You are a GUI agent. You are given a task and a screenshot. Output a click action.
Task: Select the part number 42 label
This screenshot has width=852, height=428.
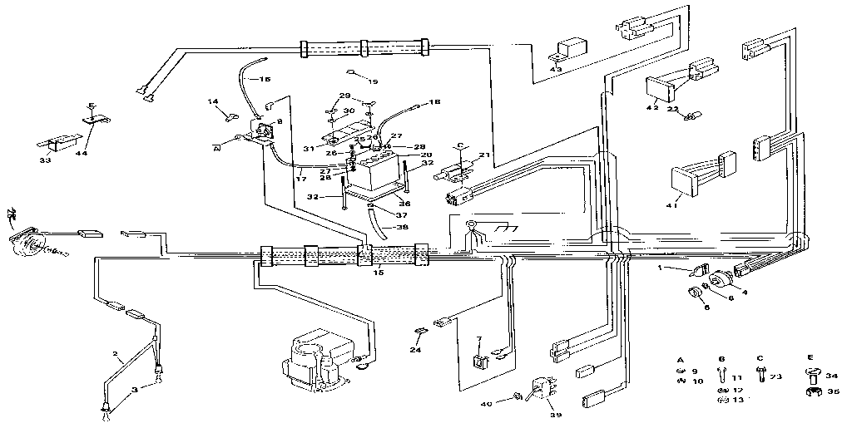click(x=651, y=107)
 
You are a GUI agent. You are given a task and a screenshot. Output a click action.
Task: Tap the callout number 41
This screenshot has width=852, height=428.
click(x=671, y=204)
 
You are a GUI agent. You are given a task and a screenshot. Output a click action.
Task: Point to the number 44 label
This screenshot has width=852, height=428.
click(x=82, y=154)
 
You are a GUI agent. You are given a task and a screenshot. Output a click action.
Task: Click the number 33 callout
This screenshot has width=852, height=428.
click(x=45, y=160)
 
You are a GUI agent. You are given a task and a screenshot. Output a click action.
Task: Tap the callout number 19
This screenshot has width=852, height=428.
click(x=372, y=81)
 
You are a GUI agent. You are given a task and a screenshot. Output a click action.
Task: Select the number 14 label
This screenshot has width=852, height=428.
click(x=213, y=101)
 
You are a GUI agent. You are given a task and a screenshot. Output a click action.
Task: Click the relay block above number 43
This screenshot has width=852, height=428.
click(x=572, y=48)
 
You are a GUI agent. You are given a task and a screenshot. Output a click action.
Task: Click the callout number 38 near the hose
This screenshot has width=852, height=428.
click(x=402, y=227)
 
